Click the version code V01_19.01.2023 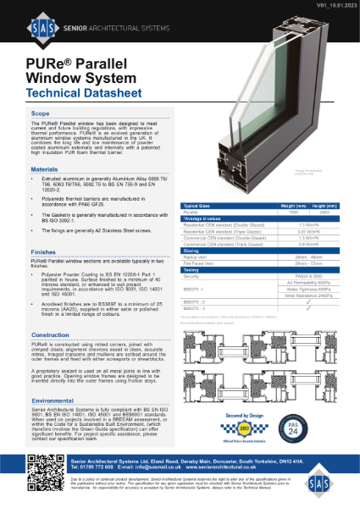click(x=324, y=5)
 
